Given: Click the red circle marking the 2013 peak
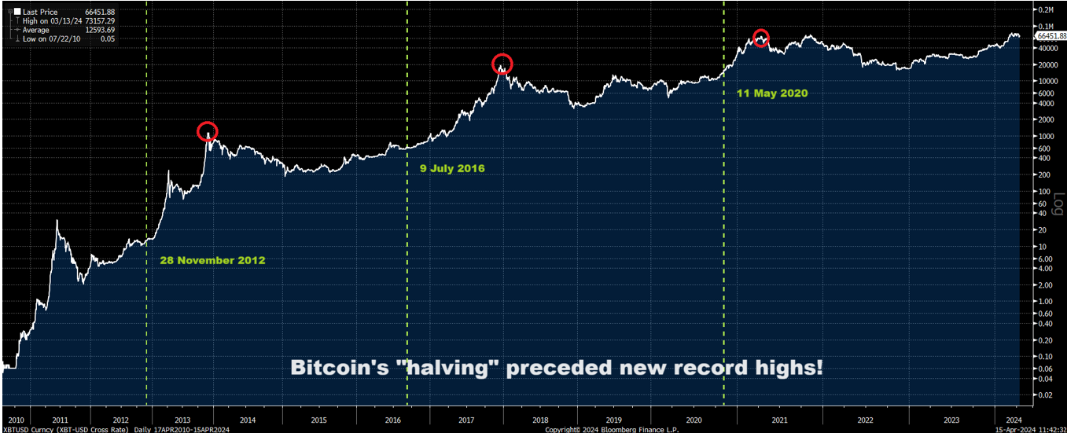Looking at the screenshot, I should pos(207,131).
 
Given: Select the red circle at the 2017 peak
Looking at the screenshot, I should pos(502,64).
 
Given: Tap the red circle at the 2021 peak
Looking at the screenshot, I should pos(760,37).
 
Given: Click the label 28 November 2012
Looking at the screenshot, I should pos(212,260).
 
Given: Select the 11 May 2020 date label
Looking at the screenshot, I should pos(772,93).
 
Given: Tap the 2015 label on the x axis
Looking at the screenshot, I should pos(318,420).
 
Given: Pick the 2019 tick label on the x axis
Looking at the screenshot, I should pos(613,420).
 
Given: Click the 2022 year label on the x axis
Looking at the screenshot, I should pos(865,420).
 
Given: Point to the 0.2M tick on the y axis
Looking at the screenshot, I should pos(1046,10).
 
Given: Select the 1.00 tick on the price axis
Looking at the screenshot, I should pos(1045,301).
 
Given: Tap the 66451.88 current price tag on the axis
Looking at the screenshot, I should pos(1050,36).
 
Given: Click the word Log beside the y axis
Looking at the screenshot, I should pos(1058,202).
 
